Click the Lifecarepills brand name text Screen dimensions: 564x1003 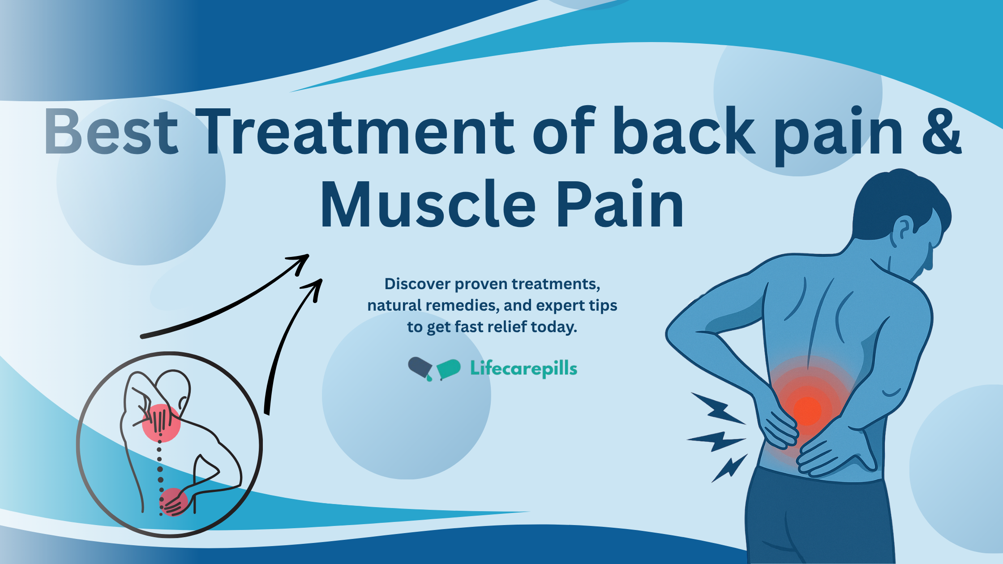(523, 369)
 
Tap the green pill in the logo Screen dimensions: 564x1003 (449, 368)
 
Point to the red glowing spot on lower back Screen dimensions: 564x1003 (807, 411)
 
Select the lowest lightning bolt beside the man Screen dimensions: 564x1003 (730, 468)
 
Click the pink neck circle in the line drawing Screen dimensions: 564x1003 (161, 423)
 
